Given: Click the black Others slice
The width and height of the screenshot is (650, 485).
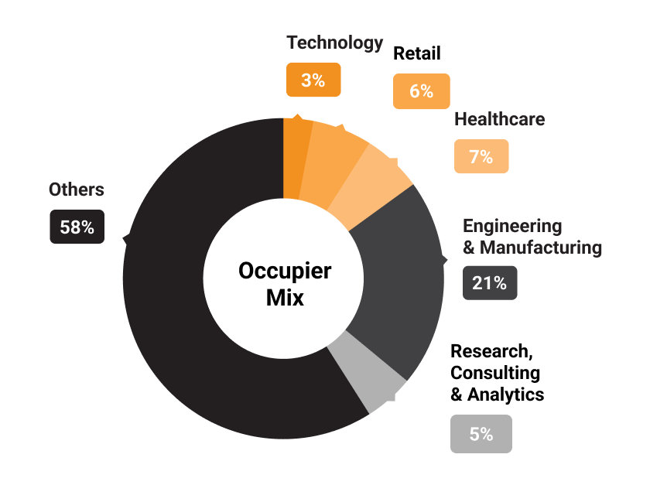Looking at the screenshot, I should (178, 309).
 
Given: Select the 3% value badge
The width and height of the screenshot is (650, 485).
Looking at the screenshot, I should (313, 79).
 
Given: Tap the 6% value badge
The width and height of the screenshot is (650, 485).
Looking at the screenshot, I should (421, 91).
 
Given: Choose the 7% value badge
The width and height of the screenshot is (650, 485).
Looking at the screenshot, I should (481, 156).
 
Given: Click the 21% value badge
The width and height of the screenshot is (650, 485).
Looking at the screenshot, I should (489, 283).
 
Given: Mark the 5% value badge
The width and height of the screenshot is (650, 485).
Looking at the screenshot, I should (481, 434).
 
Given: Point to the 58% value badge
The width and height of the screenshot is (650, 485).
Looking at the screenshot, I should (77, 227).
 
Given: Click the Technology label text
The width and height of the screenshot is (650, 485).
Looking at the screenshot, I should (334, 43).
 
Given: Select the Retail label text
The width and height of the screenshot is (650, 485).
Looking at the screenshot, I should (416, 53).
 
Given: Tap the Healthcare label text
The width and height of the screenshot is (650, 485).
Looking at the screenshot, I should (499, 119).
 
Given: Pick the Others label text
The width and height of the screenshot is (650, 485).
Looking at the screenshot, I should (76, 190).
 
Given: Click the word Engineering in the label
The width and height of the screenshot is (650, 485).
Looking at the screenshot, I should (511, 226).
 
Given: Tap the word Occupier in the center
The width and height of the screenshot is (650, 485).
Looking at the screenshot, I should (284, 271).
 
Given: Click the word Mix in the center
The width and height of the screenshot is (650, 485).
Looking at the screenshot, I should (284, 297).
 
